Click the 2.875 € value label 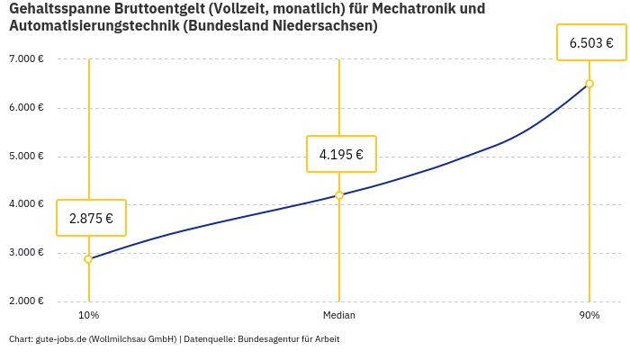click(x=91, y=218)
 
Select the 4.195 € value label click(x=341, y=154)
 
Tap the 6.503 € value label click(x=591, y=42)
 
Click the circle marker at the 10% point click(x=88, y=259)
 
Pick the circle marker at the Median click(x=339, y=195)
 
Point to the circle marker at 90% click(x=589, y=84)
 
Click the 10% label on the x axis click(x=88, y=315)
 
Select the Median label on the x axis click(x=339, y=315)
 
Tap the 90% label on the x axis click(x=589, y=315)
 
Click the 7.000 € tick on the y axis click(x=26, y=59)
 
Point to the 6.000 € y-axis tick click(x=26, y=108)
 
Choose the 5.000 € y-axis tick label click(x=26, y=156)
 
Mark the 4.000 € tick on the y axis click(x=26, y=204)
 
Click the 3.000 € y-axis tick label click(x=26, y=253)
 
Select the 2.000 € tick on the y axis click(x=26, y=301)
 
